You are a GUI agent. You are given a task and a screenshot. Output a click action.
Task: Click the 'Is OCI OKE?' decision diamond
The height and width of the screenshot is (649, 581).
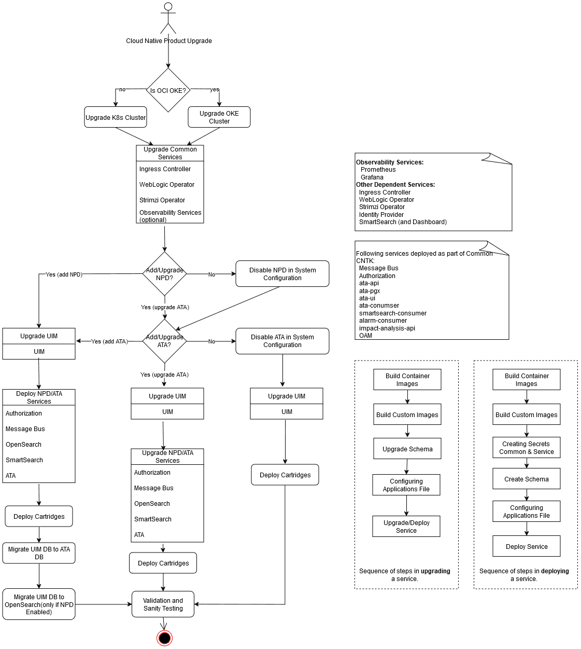coord(168,90)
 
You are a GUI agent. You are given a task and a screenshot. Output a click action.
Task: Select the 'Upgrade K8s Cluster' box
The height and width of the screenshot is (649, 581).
coord(116,117)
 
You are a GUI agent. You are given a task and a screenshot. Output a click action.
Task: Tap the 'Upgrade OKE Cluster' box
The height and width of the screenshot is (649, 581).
coord(219,117)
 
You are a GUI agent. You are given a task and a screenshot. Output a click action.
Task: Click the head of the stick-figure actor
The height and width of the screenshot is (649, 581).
coord(168,6)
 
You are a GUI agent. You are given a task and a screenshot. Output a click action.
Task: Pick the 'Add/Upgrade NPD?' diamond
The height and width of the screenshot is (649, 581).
coord(164,274)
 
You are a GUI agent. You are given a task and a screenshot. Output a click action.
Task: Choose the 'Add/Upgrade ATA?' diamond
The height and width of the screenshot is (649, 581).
coord(164,341)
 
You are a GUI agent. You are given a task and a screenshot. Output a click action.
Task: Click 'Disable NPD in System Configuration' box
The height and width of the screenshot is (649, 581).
coord(282,274)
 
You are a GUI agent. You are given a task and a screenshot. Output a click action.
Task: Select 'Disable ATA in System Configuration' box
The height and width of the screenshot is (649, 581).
coord(282,341)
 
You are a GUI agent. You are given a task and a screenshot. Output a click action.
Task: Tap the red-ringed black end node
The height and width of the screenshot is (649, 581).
coord(164,638)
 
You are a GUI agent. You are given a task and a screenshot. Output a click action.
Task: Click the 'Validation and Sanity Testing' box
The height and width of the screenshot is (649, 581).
coord(163,604)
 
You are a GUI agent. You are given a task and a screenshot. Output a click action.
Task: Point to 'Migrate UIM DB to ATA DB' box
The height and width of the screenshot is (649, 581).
coord(39,553)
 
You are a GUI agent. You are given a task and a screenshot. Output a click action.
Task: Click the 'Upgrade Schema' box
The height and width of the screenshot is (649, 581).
coord(407,449)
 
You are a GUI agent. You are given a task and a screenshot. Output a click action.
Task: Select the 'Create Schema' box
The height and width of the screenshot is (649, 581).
coord(527,479)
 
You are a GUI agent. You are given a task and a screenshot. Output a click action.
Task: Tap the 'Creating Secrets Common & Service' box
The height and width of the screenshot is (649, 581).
coord(527,448)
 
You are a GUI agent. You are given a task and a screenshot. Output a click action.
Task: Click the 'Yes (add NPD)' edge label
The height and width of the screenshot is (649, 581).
coord(64,274)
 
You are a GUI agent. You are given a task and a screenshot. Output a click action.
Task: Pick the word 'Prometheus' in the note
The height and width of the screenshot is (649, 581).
coord(378,170)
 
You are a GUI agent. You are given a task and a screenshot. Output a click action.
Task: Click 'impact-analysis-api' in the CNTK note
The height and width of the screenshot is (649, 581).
coord(387,328)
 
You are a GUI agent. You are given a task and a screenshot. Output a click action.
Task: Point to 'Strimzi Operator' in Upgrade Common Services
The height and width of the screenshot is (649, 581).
coord(162,200)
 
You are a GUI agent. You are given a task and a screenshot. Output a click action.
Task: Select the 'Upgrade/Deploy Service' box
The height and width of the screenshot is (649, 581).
coord(406,527)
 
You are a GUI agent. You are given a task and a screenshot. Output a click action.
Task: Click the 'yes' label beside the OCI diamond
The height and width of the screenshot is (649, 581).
coord(215,90)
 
